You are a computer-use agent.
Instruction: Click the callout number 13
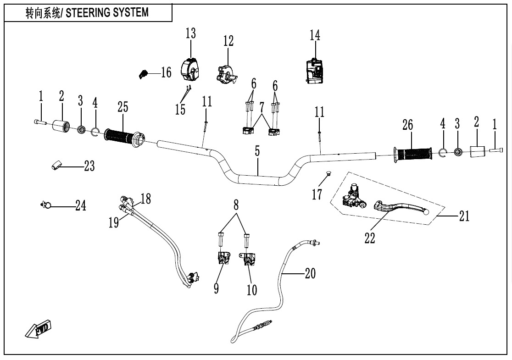pos(190,33)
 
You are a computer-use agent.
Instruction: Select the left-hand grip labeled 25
pos(122,136)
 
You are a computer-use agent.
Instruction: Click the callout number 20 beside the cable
pos(310,274)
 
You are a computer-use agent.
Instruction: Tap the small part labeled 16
pos(143,73)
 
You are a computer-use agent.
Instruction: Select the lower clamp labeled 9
pos(223,259)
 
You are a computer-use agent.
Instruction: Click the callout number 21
pos(464,216)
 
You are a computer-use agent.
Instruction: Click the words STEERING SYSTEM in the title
pos(107,12)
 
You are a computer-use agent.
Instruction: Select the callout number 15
pos(180,109)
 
